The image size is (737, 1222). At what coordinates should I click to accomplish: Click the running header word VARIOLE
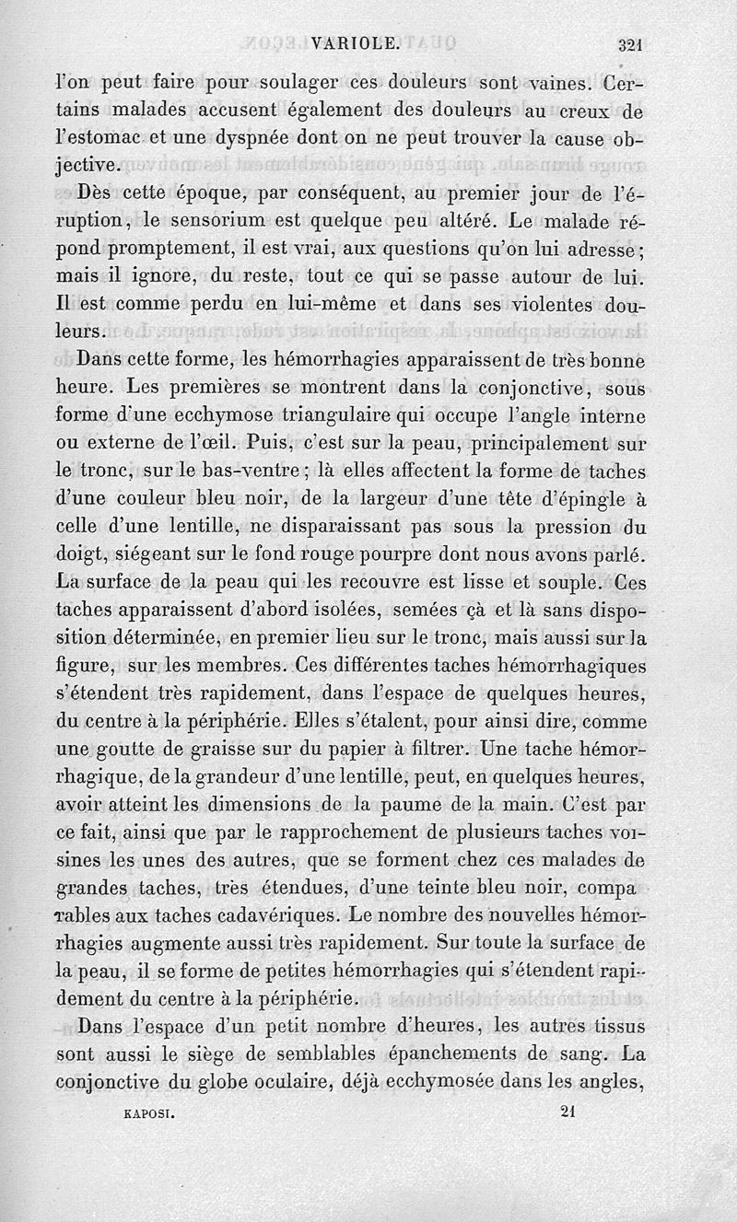coord(355,41)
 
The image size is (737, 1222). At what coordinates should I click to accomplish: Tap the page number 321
coord(630,42)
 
